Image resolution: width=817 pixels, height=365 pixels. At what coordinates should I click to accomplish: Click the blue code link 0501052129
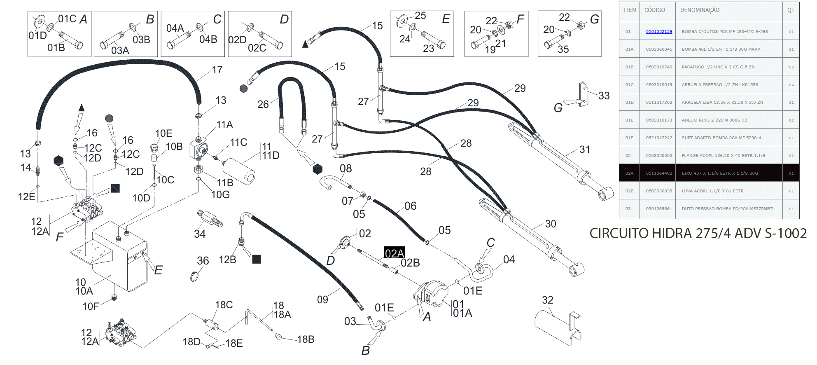[658, 31]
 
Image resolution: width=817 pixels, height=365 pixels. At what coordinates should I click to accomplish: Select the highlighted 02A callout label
[394, 253]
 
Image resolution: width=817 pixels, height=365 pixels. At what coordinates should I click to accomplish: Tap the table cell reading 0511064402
[658, 173]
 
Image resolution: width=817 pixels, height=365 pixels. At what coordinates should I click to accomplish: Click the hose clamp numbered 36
[194, 276]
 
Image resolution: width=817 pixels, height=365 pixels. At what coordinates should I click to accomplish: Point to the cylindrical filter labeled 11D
[240, 171]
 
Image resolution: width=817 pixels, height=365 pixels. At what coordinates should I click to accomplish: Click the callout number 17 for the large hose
[217, 70]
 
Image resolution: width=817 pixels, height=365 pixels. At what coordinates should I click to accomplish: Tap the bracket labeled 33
[583, 94]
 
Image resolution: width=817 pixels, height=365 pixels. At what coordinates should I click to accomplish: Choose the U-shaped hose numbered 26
[292, 103]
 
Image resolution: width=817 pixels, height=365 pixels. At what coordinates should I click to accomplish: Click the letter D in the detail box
[284, 19]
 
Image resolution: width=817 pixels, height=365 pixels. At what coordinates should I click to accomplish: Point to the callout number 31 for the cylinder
[584, 149]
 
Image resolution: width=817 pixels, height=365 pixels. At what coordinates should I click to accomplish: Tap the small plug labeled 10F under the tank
[114, 297]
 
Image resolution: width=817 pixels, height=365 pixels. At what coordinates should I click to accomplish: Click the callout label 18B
[306, 339]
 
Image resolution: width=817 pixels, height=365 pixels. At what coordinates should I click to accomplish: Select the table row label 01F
[629, 138]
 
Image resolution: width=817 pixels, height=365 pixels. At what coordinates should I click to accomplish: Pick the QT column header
[791, 10]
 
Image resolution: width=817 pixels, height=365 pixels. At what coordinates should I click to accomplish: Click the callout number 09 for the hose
[322, 299]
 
